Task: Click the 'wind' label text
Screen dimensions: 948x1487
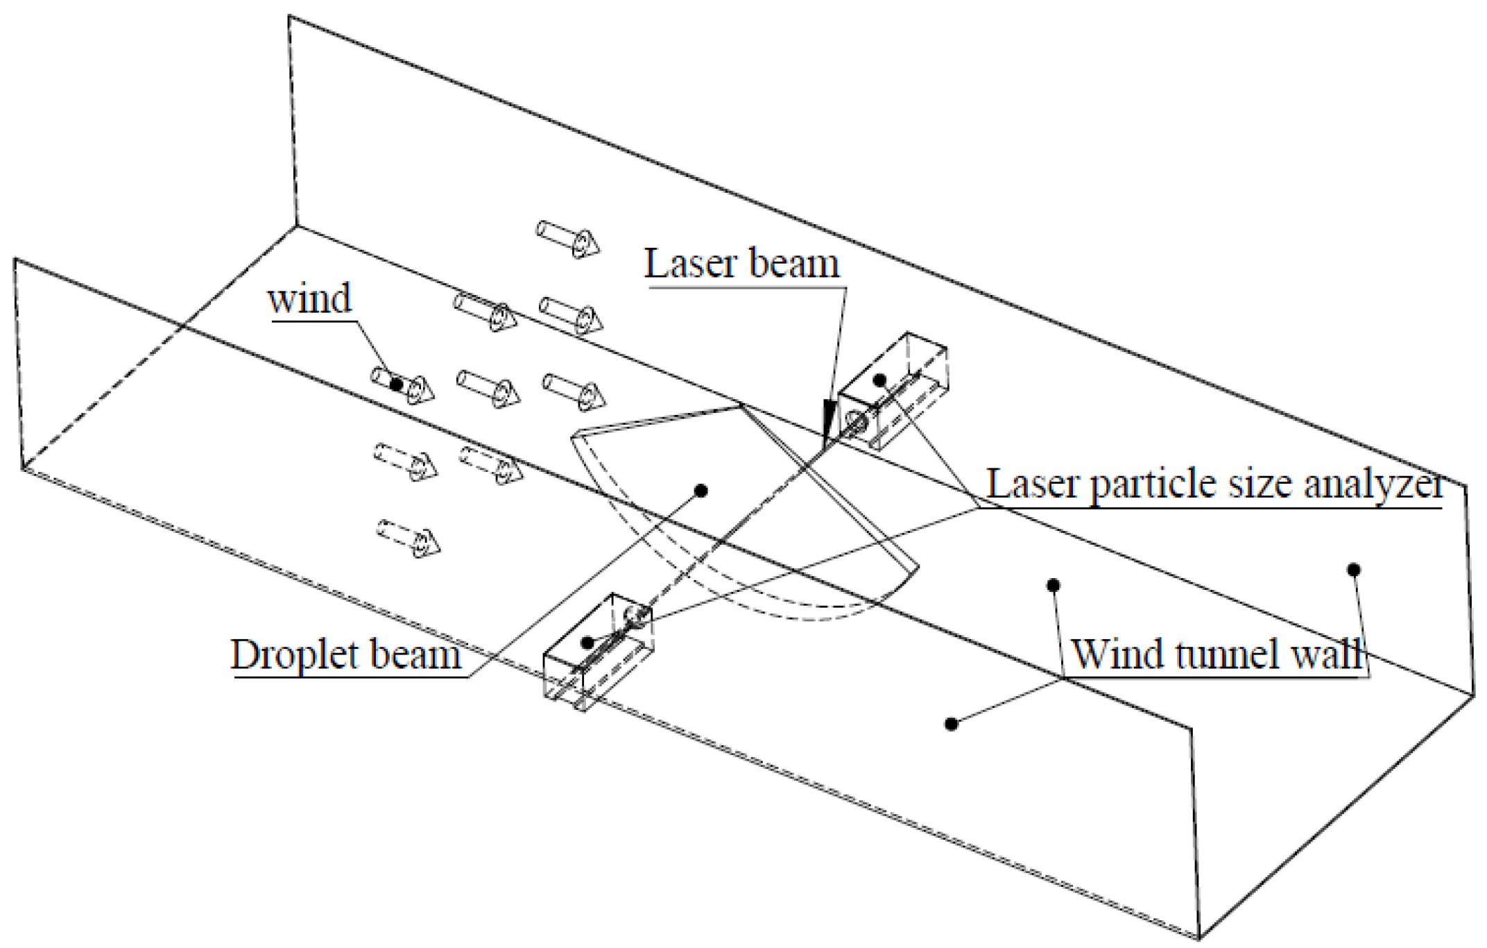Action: pos(310,299)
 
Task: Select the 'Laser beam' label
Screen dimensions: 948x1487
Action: pos(741,264)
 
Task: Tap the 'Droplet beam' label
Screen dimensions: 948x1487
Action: pos(345,654)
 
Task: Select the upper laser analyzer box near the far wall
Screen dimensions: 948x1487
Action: pos(893,391)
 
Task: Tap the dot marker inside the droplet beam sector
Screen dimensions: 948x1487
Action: pos(701,491)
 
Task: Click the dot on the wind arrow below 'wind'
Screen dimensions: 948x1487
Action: pos(396,384)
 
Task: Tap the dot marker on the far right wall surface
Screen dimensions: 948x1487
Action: pos(1353,570)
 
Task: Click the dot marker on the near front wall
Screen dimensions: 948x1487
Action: pos(952,724)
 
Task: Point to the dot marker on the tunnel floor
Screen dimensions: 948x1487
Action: pos(1053,585)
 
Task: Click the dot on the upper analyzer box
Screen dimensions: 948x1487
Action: pos(880,380)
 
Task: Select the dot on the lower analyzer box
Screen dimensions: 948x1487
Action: pos(588,641)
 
